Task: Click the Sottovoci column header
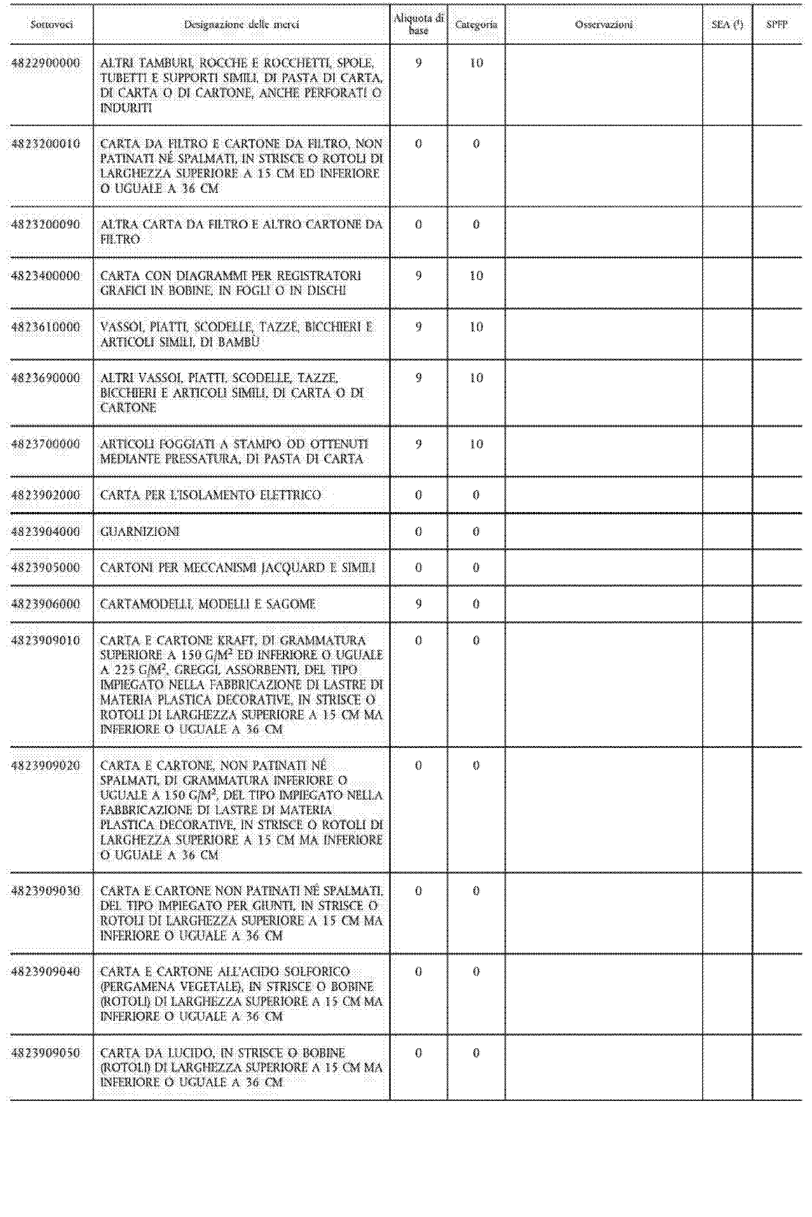click(x=51, y=24)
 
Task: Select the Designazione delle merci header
click(x=241, y=24)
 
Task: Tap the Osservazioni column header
click(x=604, y=24)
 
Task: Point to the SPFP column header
click(x=777, y=24)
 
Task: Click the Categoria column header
click(x=476, y=24)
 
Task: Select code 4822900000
click(x=46, y=63)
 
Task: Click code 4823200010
click(x=46, y=144)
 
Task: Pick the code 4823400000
click(x=46, y=276)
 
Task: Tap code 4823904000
click(x=46, y=532)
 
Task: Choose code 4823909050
click(x=46, y=1053)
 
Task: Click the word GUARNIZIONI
click(x=140, y=532)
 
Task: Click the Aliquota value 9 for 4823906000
click(x=418, y=604)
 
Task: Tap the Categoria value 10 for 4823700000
click(x=476, y=444)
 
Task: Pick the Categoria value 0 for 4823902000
click(x=476, y=495)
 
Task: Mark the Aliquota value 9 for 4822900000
click(x=418, y=63)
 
